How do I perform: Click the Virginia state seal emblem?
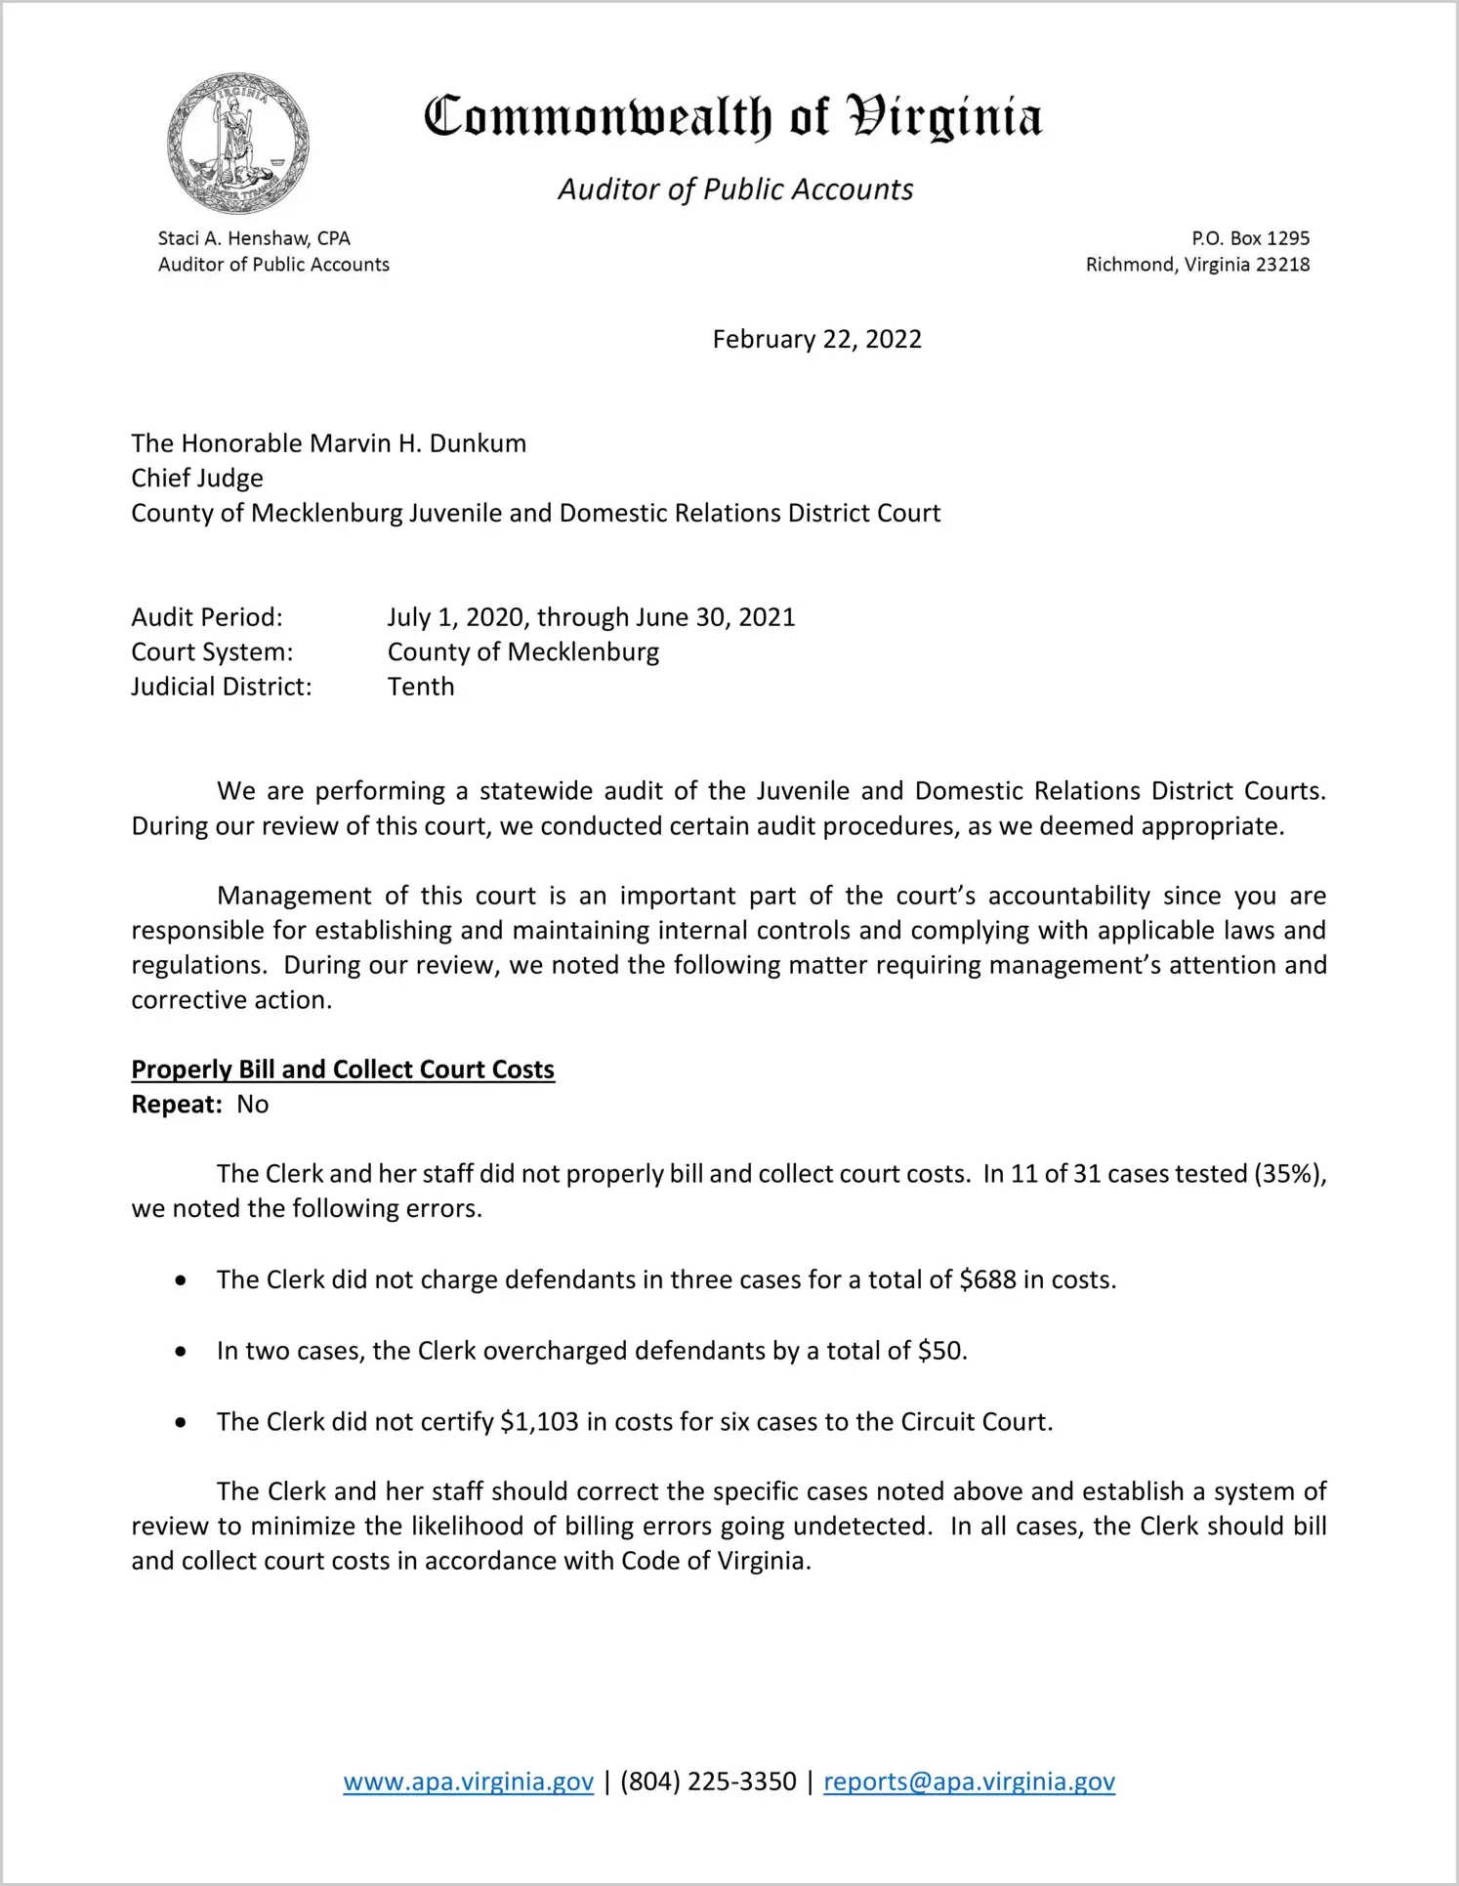237,143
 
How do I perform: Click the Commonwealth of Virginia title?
732,118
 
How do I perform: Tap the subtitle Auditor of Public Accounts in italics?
735,189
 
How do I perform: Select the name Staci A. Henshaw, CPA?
254,238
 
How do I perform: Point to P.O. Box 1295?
1250,238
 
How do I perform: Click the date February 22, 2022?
816,339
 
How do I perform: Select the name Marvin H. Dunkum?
418,443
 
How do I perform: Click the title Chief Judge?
197,479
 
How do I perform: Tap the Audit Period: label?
207,617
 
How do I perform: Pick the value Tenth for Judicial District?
421,687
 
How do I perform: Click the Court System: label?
212,652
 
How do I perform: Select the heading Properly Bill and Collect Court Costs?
343,1069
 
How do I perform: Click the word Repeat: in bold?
177,1105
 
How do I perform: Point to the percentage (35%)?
1289,1174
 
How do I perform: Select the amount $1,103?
539,1421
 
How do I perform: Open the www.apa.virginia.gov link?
469,1781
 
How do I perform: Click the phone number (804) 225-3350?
708,1781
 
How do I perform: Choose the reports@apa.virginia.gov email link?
969,1781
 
